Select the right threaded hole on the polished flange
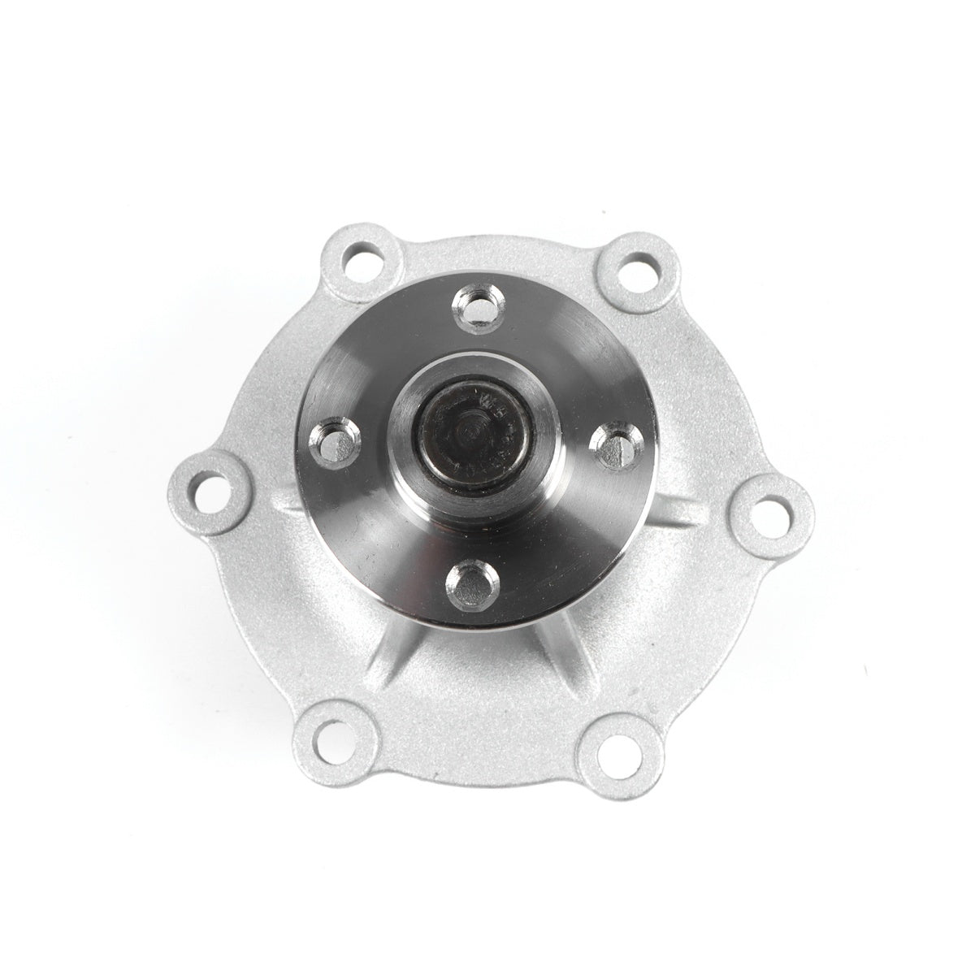(613, 444)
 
